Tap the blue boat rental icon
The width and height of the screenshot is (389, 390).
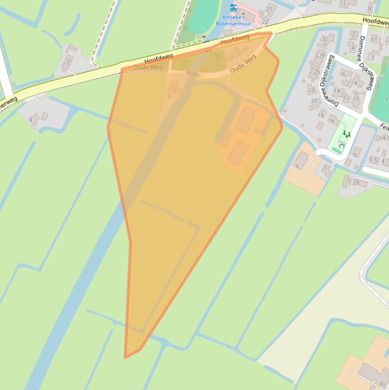click(233, 7)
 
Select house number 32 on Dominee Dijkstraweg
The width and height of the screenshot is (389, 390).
click(325, 39)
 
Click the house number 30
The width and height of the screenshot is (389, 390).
click(322, 55)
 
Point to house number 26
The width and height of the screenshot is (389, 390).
click(317, 71)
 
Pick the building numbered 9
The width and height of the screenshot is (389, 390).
click(297, 166)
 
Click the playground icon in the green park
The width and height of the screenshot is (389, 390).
click(347, 134)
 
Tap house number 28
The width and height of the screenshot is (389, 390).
click(356, 183)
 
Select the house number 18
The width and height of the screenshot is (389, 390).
click(321, 115)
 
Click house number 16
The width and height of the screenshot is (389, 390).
click(331, 121)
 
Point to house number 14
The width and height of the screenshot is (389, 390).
click(336, 92)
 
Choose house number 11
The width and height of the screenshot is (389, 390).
click(374, 40)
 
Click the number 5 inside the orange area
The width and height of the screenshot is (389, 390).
click(175, 91)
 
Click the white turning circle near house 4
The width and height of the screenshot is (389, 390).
click(38, 105)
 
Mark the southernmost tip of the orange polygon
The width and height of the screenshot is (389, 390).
click(125, 358)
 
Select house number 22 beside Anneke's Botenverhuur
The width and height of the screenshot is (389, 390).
click(265, 22)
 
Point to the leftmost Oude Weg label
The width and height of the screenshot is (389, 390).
click(148, 67)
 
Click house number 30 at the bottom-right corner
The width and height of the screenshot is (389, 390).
click(381, 384)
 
